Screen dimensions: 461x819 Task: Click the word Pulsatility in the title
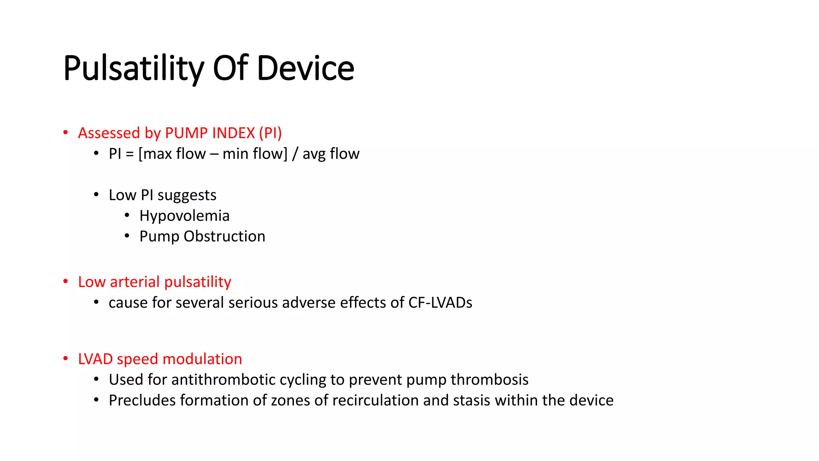click(x=134, y=68)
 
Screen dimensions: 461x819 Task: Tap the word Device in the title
click(x=305, y=68)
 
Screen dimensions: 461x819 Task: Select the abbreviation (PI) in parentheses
click(x=270, y=133)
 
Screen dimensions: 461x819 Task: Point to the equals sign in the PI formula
click(x=130, y=154)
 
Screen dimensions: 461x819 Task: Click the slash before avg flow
click(x=295, y=154)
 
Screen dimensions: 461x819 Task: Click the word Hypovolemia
click(x=184, y=216)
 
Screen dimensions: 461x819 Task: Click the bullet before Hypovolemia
click(x=127, y=216)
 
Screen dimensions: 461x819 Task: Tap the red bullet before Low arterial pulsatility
click(x=66, y=282)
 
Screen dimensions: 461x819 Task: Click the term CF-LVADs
click(x=440, y=303)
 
